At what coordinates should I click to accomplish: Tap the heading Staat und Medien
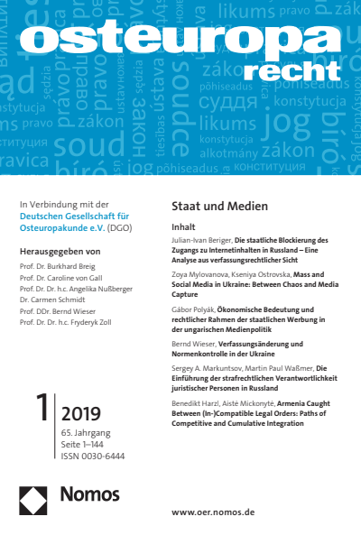[211, 206]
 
